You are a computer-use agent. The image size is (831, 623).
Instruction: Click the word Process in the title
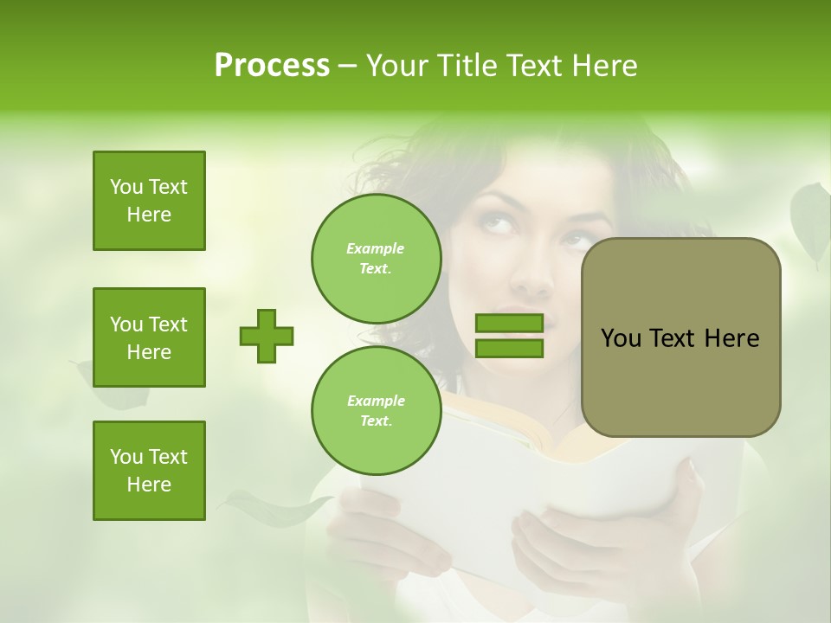272,66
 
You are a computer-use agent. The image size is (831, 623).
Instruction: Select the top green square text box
149,201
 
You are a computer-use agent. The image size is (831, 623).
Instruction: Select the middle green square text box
149,337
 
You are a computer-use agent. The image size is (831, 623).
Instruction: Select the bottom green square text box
149,471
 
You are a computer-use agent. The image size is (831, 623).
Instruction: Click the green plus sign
267,336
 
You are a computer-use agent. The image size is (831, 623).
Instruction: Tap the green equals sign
509,336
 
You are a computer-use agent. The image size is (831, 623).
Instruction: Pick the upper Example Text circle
376,259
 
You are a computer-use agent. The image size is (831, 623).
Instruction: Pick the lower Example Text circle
376,411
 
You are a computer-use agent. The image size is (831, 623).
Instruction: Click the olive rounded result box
680,337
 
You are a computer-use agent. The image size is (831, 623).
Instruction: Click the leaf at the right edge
812,221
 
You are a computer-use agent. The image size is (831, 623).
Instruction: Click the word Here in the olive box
731,338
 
